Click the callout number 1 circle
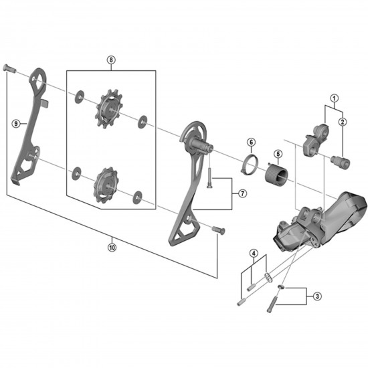click(x=333, y=99)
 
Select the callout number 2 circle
click(x=343, y=122)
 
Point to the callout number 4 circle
click(x=254, y=252)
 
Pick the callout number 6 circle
click(x=250, y=142)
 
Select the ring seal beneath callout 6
click(x=248, y=163)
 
